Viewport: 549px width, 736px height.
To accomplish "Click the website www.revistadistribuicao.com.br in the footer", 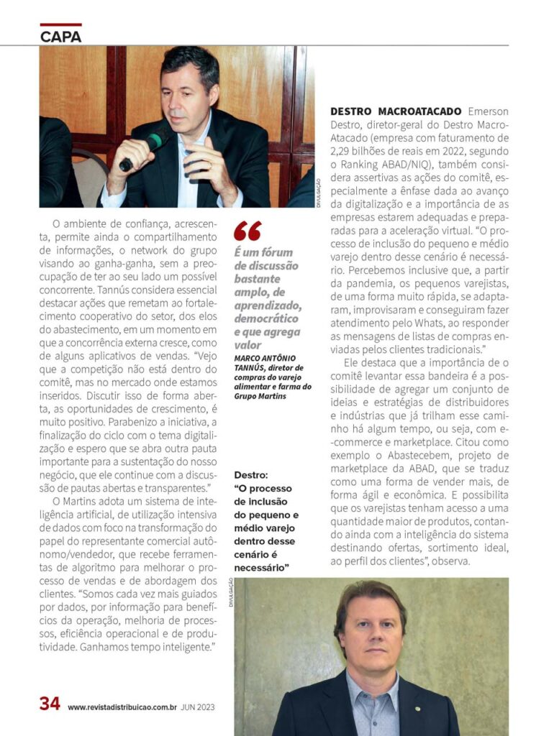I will pyautogui.click(x=122, y=707).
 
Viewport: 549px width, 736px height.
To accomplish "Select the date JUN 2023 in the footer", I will pyautogui.click(x=198, y=707).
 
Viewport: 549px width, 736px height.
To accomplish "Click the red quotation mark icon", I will pyautogui.click(x=248, y=231).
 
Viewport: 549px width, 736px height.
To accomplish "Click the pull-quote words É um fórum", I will pyautogui.click(x=263, y=252).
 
